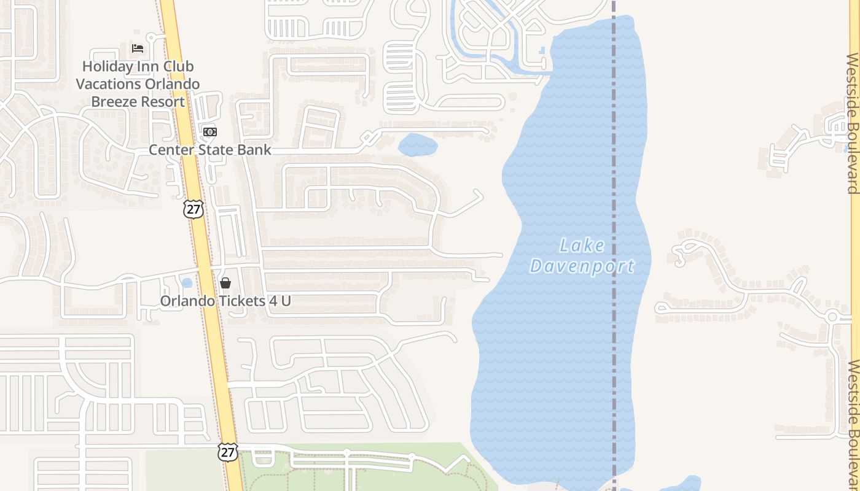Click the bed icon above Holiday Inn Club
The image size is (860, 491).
pyautogui.click(x=138, y=48)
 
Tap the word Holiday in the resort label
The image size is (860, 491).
pyautogui.click(x=107, y=66)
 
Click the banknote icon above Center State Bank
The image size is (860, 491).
pyautogui.click(x=210, y=132)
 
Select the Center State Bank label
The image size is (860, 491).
pyautogui.click(x=209, y=150)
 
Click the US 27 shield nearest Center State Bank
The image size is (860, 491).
pyautogui.click(x=193, y=209)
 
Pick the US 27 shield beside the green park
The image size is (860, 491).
pyautogui.click(x=227, y=452)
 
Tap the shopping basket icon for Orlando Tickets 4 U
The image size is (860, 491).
pyautogui.click(x=225, y=283)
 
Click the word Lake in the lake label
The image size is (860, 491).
pyautogui.click(x=582, y=246)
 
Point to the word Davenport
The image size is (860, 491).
pyautogui.click(x=582, y=266)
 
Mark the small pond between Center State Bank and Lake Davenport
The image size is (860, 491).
pyautogui.click(x=418, y=145)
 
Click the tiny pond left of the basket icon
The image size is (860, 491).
pyautogui.click(x=187, y=283)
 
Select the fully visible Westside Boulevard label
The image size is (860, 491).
pyautogui.click(x=853, y=123)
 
